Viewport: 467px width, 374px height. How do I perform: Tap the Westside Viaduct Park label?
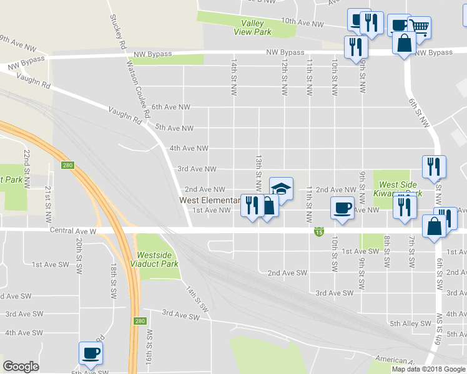point(157,259)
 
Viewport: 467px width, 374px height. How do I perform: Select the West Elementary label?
point(210,200)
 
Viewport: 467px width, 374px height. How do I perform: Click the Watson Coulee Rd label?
point(139,89)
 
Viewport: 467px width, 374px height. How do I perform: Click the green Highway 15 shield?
point(319,232)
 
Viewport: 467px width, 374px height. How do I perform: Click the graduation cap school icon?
point(281,189)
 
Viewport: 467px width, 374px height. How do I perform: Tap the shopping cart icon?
point(420,27)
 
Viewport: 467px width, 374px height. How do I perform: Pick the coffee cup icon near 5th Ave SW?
point(91,353)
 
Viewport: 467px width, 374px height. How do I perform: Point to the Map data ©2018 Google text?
point(429,369)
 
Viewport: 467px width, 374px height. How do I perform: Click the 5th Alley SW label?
point(410,324)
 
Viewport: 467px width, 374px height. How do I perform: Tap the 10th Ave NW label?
point(302,23)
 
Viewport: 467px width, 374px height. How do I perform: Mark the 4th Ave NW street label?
point(189,148)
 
